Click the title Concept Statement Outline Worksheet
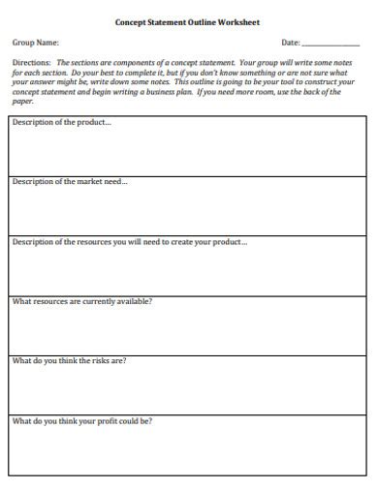[187, 21]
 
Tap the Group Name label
[35, 43]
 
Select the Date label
[290, 43]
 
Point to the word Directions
[31, 61]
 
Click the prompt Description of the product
[61, 122]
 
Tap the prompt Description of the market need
[69, 181]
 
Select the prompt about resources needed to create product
[129, 241]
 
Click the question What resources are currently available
[82, 301]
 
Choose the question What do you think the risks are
[69, 361]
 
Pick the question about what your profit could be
[82, 421]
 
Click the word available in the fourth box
[135, 301]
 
